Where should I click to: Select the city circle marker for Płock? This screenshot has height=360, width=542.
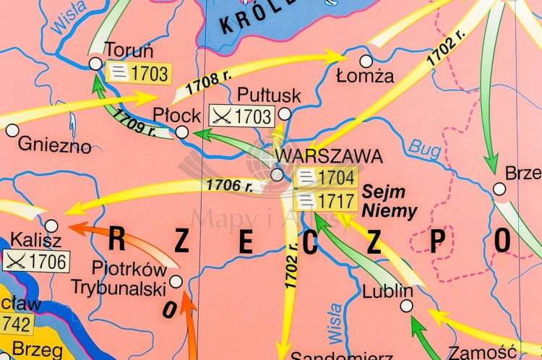click(x=182, y=132)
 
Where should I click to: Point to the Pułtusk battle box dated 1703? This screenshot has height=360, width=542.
click(x=241, y=116)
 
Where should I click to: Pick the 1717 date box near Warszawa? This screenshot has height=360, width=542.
click(x=327, y=200)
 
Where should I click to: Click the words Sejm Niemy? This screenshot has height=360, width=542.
click(x=390, y=202)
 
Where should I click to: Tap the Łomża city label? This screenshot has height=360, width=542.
click(x=365, y=75)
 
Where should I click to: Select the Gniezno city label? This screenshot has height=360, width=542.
click(x=55, y=145)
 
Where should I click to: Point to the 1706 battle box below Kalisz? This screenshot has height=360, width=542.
click(x=37, y=262)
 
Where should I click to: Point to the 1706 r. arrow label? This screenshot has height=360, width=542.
click(x=229, y=185)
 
